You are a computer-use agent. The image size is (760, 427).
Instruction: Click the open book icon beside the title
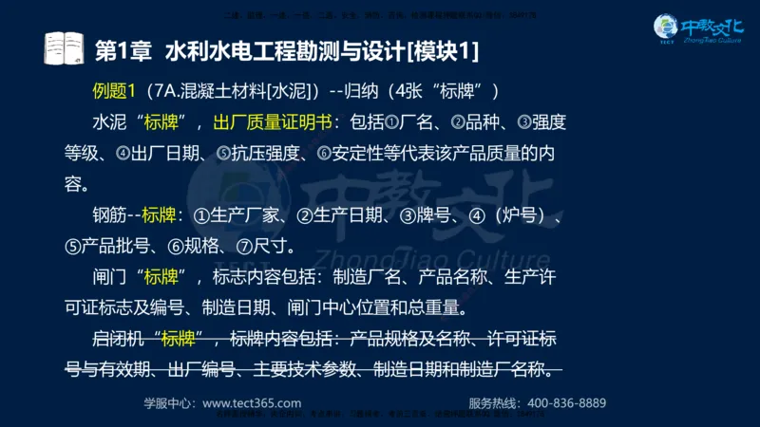[x=64, y=48]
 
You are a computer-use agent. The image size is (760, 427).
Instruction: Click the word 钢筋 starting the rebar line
[x=109, y=214]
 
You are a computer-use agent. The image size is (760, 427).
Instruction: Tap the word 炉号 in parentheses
[x=522, y=214]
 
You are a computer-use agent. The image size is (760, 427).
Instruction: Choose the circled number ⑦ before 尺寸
[x=241, y=245]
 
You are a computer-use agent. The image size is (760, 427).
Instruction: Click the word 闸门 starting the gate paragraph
[x=109, y=276]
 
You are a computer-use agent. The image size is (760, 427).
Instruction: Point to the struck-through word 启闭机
[x=118, y=338]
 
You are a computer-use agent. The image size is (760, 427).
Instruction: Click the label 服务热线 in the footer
[x=492, y=401]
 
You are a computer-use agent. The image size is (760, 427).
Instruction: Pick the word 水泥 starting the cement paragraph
[x=109, y=122]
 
